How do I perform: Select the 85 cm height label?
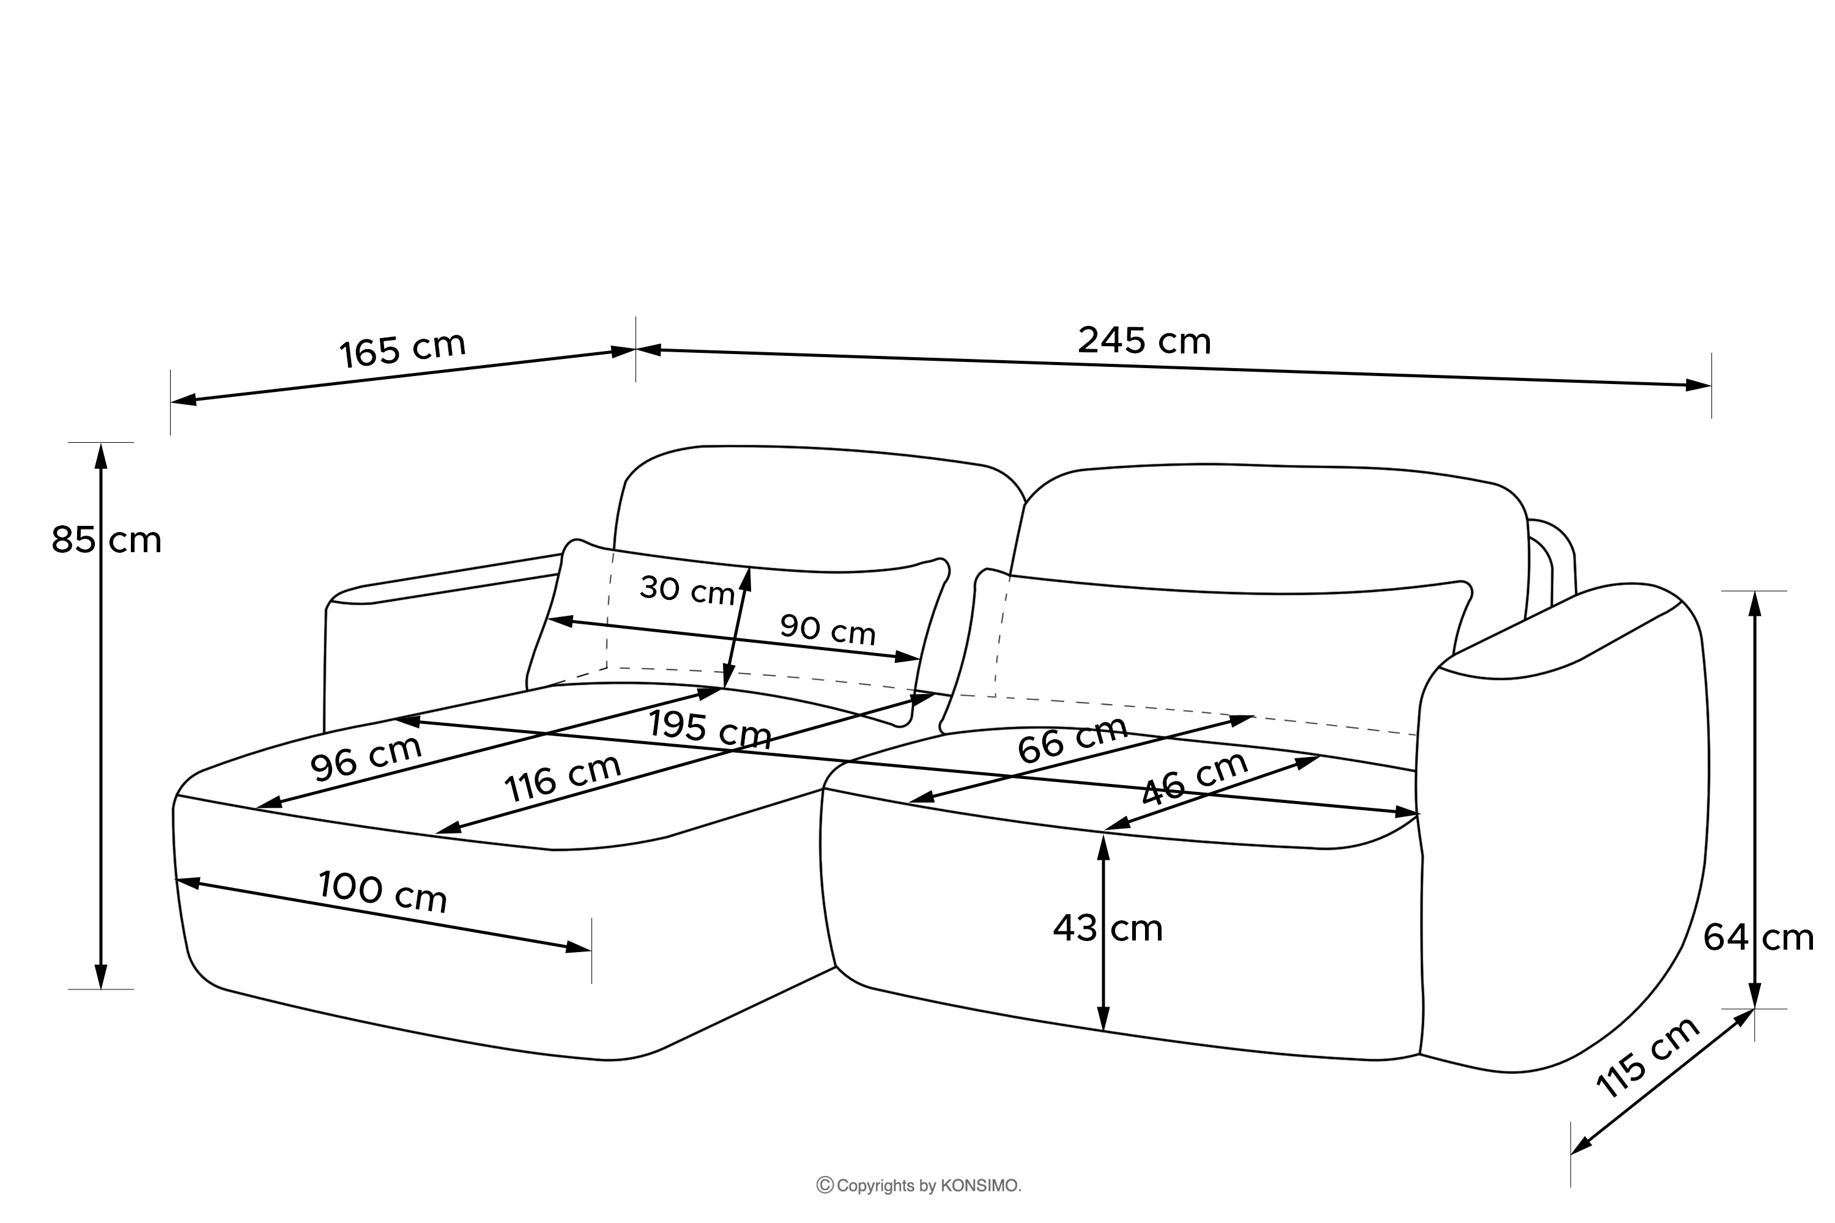point(106,540)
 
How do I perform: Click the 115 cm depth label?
point(1648,1058)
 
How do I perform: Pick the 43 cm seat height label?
point(1107,928)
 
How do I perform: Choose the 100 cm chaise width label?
point(382,892)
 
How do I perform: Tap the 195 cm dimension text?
point(709,730)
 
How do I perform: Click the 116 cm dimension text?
point(563,778)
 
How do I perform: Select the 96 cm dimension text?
point(366,758)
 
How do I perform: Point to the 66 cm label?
point(1073,739)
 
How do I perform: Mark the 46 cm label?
point(1194,778)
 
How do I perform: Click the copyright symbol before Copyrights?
point(825,1186)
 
